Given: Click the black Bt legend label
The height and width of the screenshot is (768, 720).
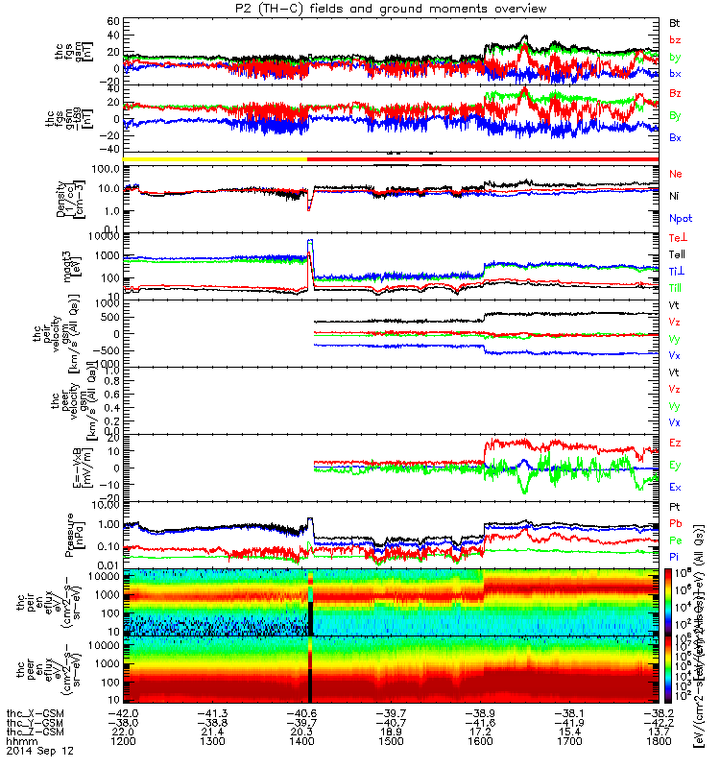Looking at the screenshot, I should point(675,21).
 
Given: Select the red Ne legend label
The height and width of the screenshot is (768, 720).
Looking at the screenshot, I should point(675,174).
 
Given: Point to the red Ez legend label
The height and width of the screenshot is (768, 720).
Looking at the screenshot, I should point(675,443).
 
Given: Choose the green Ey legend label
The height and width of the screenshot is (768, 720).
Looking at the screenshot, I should point(675,465).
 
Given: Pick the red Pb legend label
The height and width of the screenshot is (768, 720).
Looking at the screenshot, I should point(675,523).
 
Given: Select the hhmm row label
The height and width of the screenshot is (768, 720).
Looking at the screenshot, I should point(19,742).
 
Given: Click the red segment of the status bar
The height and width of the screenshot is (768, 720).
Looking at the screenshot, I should point(480,158).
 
